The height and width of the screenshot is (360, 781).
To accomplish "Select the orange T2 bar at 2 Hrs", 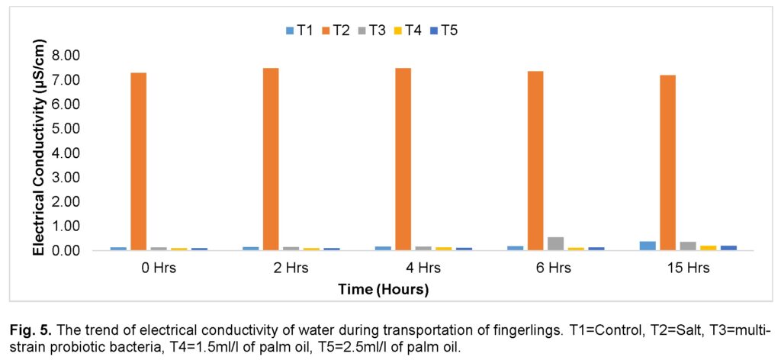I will coord(271,159).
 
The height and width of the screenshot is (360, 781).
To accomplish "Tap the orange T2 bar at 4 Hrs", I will coord(403,159).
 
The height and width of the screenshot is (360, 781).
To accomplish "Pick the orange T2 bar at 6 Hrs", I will coord(535,160).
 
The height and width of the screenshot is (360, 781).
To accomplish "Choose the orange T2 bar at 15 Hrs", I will coord(667,162).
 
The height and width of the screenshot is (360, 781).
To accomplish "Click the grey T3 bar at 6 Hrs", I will coord(555,243).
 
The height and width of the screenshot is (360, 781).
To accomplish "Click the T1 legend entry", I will coord(300,31).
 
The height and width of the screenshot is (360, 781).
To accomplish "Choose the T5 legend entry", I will coord(446,31).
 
